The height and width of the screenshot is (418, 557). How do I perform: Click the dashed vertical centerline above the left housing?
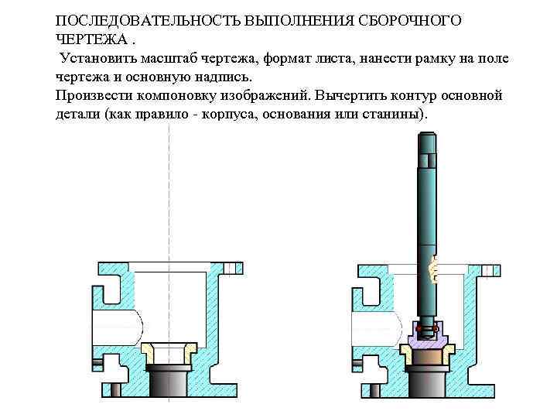point(169,194)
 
